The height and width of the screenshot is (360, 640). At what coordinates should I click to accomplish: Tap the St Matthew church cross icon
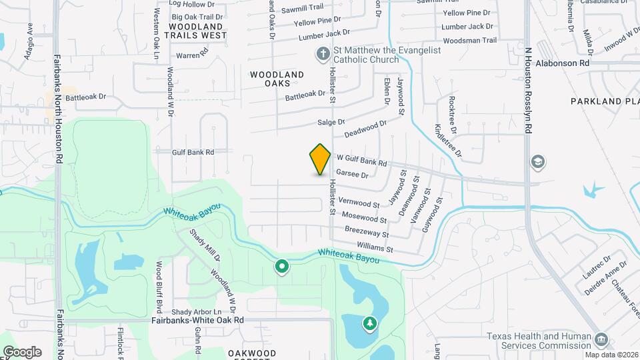(x=323, y=53)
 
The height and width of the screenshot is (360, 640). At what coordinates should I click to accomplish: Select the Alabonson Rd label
(x=563, y=63)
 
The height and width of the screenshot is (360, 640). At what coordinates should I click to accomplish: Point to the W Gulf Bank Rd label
(x=361, y=160)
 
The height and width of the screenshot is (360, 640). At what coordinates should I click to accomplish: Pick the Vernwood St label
(x=359, y=202)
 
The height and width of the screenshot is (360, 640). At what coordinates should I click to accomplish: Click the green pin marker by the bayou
(x=282, y=267)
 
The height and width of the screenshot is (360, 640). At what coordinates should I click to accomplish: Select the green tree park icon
(x=369, y=323)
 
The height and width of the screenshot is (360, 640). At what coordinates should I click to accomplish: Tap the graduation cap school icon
(x=537, y=162)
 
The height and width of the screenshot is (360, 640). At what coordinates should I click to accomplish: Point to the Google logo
(x=22, y=352)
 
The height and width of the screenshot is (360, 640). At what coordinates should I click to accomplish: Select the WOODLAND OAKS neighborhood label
(x=277, y=79)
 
